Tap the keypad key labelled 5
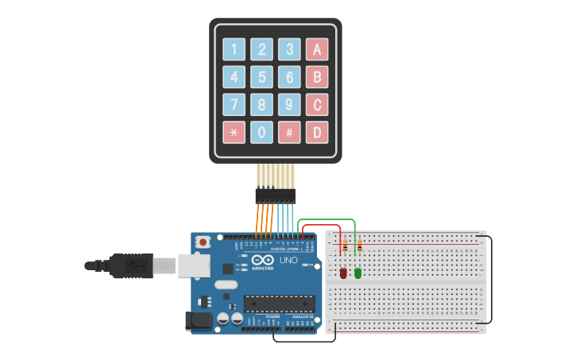(261, 77)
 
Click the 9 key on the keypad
(289, 104)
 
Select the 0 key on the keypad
(261, 132)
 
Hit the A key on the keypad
(317, 49)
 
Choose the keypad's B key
(317, 77)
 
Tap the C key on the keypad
(317, 104)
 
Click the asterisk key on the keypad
(234, 132)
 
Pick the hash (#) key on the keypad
(289, 132)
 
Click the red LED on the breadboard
(343, 273)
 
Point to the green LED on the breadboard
(358, 273)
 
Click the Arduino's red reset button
(203, 242)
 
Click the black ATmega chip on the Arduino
(279, 303)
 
